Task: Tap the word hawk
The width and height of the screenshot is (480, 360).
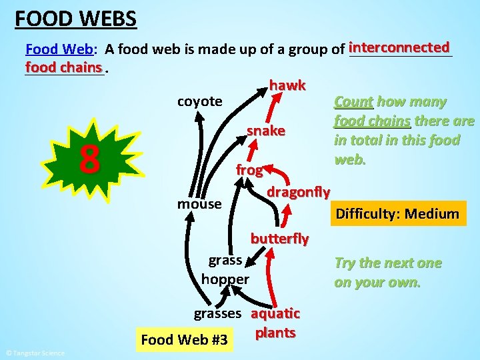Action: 287,85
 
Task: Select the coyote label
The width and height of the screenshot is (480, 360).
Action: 199,101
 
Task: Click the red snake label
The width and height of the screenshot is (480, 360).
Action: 266,131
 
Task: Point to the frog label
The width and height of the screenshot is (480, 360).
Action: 249,170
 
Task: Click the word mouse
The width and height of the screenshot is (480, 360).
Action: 199,203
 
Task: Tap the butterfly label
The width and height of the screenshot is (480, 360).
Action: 279,238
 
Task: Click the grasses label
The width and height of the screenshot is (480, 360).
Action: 217,313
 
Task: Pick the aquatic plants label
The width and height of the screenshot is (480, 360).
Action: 275,323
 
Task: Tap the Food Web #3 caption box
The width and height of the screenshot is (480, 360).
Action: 185,341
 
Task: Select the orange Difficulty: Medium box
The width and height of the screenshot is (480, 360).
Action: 397,214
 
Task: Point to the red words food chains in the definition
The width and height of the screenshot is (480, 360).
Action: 63,67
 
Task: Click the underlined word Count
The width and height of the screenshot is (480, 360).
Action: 353,102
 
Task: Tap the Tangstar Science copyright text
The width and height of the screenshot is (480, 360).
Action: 35,353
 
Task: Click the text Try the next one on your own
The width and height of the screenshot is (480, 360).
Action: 387,272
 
